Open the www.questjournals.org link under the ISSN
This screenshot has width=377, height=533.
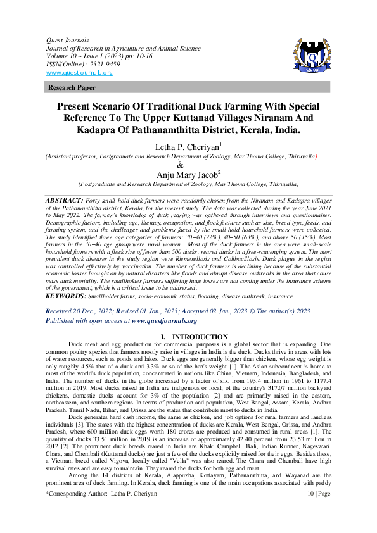pyautogui.click(x=79, y=73)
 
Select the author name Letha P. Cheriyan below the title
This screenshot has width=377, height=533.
pyautogui.click(x=187, y=147)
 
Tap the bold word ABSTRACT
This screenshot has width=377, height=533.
pyautogui.click(x=67, y=199)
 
